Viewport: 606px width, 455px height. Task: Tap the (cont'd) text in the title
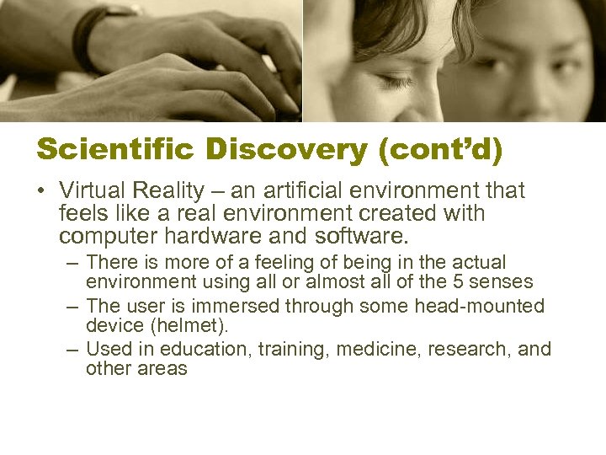point(439,149)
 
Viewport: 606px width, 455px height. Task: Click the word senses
point(508,281)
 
